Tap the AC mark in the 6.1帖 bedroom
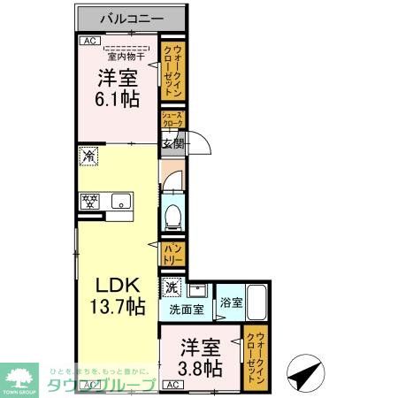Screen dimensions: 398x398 (89, 41)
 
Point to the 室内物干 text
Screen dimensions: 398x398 (128, 57)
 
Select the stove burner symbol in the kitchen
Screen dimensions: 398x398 (89, 200)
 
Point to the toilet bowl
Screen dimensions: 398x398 (173, 215)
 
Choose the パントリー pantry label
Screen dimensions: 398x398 (172, 255)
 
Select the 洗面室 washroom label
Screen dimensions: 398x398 (187, 310)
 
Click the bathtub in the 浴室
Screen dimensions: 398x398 (257, 304)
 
